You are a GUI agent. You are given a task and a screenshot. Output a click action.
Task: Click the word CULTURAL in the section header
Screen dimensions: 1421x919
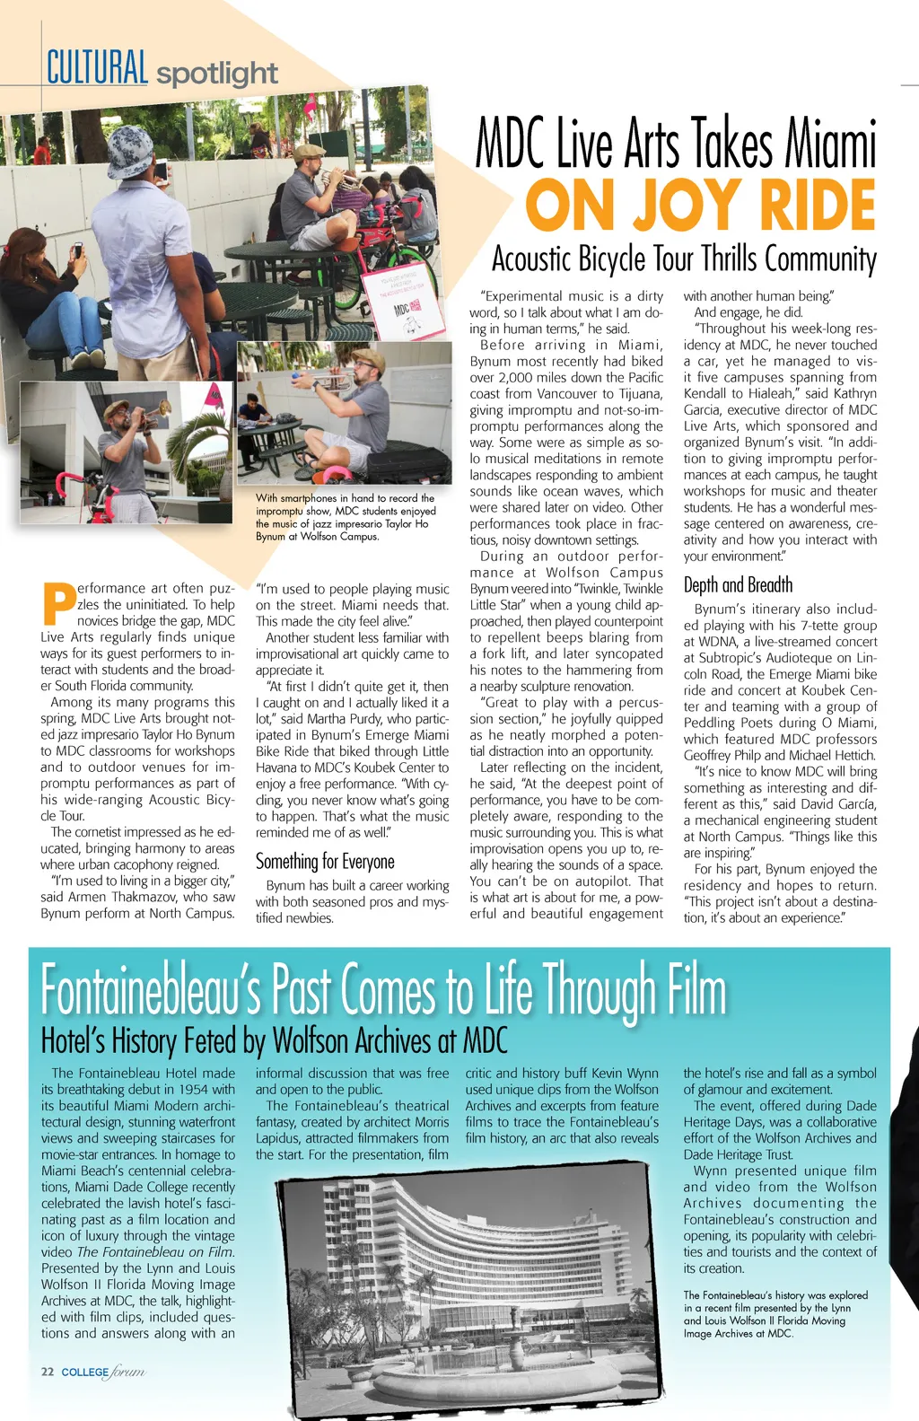(97, 68)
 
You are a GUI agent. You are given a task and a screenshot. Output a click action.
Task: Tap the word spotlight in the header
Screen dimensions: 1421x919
(217, 74)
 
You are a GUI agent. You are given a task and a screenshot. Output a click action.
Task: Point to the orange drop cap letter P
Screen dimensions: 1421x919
(58, 605)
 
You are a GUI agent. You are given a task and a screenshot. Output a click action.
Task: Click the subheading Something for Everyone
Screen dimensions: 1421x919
(325, 862)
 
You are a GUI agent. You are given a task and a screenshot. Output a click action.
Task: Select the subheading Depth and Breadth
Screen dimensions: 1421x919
(738, 585)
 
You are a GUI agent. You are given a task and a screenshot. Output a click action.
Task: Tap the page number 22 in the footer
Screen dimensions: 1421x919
(48, 1372)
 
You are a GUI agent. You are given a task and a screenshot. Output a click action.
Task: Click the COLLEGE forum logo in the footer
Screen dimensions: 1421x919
(102, 1372)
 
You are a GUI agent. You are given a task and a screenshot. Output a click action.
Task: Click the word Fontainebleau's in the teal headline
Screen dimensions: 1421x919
(151, 989)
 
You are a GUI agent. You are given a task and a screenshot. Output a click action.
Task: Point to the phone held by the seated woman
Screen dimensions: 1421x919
(77, 251)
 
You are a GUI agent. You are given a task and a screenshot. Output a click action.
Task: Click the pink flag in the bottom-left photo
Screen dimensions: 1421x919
(215, 395)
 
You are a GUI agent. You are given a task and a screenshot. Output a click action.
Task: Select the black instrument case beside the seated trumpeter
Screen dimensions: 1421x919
(408, 463)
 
